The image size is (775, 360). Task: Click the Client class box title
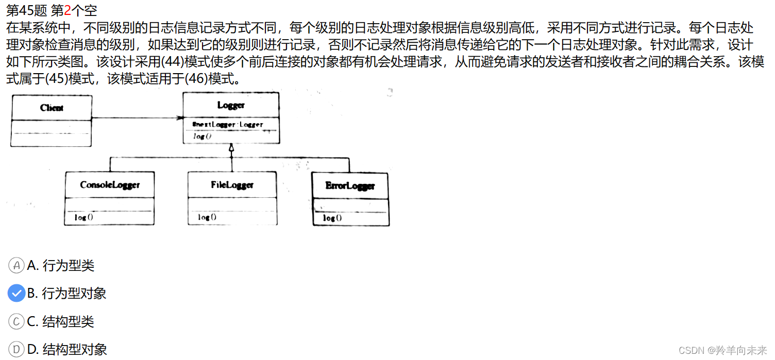pos(52,108)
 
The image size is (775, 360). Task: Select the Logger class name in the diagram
pos(231,105)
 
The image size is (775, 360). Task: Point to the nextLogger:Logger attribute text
pos(227,124)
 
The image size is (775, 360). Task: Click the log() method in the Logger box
pos(203,136)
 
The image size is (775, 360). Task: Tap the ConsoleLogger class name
pos(110,185)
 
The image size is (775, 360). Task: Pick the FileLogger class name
pos(232,184)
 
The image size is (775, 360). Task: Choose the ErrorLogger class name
pos(350,185)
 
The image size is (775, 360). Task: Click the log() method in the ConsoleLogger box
pos(83,217)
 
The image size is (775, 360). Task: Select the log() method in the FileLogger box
pos(207,217)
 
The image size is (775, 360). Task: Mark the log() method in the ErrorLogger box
pos(332,218)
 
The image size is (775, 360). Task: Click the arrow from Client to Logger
pos(137,118)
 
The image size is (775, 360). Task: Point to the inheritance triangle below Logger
pos(232,148)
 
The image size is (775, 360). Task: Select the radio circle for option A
pos(16,266)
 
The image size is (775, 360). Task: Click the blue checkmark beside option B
pos(16,294)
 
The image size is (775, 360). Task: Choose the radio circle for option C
pos(16,322)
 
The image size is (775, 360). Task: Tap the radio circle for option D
pos(16,350)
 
